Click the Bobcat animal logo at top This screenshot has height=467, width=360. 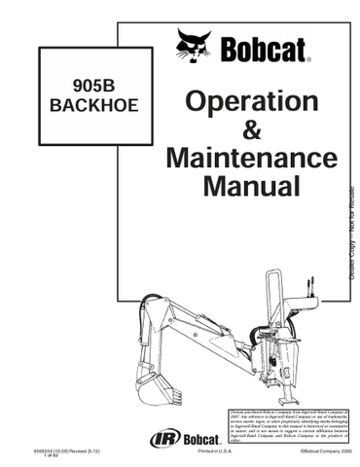pos(194,45)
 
